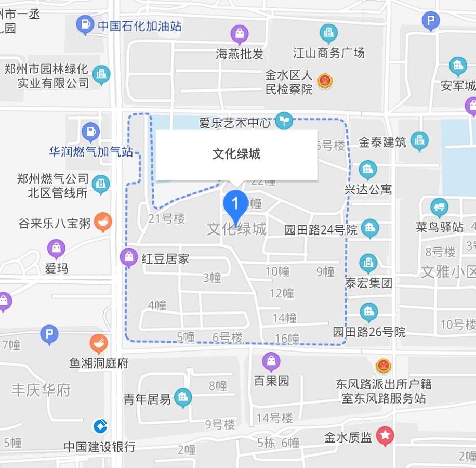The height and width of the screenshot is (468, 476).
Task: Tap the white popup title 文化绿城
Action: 236,154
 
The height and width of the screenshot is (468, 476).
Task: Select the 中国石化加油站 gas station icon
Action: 84,24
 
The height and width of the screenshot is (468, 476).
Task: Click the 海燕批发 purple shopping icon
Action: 240,34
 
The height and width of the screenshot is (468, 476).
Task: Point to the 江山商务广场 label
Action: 328,53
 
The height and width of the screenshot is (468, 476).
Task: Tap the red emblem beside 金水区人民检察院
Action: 325,81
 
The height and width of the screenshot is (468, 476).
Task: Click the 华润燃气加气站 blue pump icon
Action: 90,132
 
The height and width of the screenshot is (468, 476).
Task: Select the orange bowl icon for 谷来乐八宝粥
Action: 103,222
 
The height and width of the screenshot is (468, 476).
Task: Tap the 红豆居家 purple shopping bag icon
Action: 128,257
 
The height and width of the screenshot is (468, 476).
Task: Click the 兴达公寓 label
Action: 368,189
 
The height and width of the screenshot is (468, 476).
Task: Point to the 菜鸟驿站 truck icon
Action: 440,207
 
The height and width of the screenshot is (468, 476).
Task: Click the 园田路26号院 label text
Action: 369,332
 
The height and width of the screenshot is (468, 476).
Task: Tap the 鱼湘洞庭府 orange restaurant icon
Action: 99,344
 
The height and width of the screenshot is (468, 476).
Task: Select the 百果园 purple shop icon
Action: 271,361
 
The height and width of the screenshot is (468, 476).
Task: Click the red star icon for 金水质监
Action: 385,436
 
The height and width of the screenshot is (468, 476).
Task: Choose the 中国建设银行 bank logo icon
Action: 100,426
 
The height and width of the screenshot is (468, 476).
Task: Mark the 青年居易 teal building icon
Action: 182,398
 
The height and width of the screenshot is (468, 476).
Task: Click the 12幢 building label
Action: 282,293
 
